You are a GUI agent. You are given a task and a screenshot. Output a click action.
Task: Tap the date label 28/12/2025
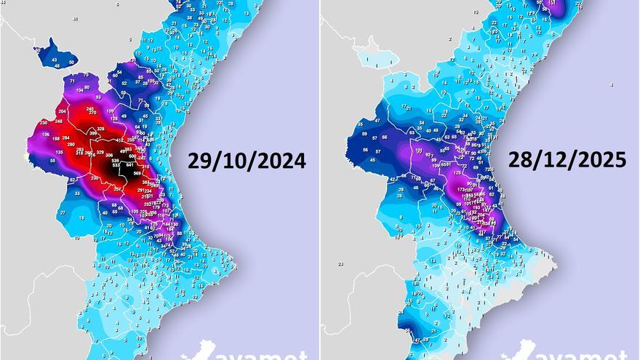point(567,160)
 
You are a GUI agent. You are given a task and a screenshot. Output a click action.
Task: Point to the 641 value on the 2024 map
point(129,165)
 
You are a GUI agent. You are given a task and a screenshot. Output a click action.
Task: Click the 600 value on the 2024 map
point(132,156)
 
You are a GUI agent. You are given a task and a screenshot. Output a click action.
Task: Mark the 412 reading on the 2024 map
point(121,140)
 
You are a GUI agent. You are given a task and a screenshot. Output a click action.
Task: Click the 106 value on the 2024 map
point(46,135)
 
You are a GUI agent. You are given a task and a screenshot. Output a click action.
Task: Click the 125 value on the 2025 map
point(457,172)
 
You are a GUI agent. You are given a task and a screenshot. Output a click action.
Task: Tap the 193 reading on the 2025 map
point(477,207)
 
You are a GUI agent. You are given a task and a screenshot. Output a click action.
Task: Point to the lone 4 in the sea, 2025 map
point(612,86)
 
